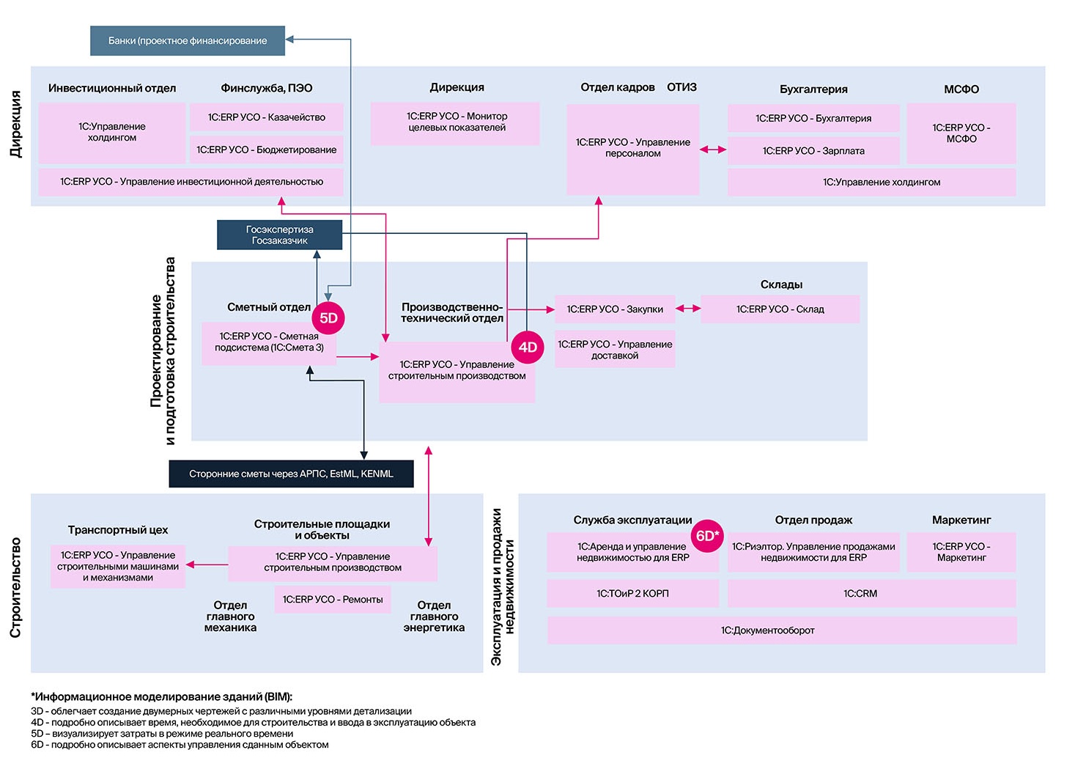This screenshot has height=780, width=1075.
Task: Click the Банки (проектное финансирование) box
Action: (x=188, y=41)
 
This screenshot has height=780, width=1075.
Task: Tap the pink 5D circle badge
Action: (x=328, y=317)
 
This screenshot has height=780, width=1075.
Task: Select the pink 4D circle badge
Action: (x=528, y=347)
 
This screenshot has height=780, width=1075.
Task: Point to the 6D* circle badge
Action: (x=707, y=536)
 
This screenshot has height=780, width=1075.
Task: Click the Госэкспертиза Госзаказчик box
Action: (x=279, y=235)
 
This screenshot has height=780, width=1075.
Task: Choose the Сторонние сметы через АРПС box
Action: (x=291, y=474)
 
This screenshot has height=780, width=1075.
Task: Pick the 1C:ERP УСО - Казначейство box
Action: (x=266, y=117)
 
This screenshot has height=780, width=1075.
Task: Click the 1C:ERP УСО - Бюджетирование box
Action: (x=266, y=150)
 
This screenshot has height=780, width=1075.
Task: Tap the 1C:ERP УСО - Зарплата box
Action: (x=813, y=151)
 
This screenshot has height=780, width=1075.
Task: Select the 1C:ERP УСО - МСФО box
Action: (x=961, y=133)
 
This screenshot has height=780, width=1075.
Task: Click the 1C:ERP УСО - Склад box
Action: (x=780, y=309)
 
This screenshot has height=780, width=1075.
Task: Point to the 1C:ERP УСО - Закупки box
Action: (x=615, y=309)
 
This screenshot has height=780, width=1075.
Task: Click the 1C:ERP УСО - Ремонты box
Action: (x=333, y=599)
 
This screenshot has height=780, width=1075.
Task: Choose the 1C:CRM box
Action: (x=871, y=593)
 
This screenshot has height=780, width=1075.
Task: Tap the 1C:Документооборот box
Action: (x=782, y=630)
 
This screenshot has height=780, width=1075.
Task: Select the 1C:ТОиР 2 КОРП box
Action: (x=632, y=593)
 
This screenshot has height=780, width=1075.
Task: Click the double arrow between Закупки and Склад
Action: (x=687, y=309)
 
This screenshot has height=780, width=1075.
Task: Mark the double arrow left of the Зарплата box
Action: (x=713, y=150)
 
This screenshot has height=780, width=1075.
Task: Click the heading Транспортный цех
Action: (x=117, y=530)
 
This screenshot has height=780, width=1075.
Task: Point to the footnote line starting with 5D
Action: (x=162, y=733)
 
